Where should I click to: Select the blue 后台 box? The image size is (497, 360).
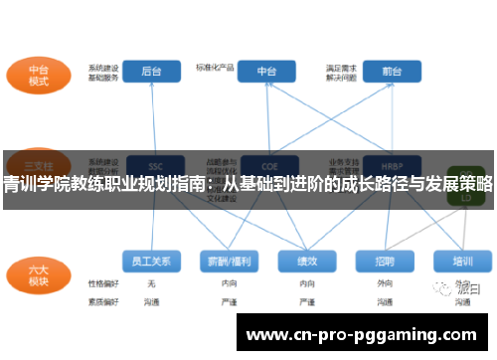(152, 72)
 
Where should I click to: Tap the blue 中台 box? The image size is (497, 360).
(266, 72)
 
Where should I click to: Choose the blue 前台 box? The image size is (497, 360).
(390, 72)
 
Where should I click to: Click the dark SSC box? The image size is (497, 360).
(154, 164)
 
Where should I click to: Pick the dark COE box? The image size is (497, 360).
(266, 164)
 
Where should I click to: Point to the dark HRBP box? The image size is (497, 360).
(391, 164)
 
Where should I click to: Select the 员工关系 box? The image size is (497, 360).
(152, 262)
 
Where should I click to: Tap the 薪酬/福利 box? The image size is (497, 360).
(229, 262)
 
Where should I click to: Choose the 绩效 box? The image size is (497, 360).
(307, 262)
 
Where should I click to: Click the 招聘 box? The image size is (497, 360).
(385, 262)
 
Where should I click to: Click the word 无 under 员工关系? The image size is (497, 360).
(151, 284)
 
